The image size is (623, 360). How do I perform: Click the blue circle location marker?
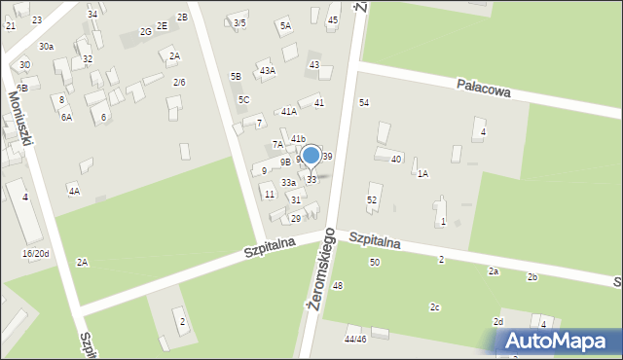pyautogui.click(x=311, y=155)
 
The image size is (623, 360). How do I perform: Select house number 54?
pyautogui.click(x=364, y=103)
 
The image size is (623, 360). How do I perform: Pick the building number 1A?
pyautogui.click(x=422, y=174)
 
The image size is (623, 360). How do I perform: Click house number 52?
pyautogui.click(x=372, y=199)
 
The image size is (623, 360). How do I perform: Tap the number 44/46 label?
pyautogui.click(x=355, y=340)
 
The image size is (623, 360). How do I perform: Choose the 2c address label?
pyautogui.click(x=435, y=308)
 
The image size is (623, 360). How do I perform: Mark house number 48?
pyautogui.click(x=338, y=286)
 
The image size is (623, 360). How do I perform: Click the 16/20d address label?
pyautogui.click(x=35, y=254)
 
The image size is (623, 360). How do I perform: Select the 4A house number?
pyautogui.click(x=73, y=192)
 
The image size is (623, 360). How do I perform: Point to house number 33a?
pyautogui.click(x=288, y=183)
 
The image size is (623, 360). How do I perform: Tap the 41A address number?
pyautogui.click(x=289, y=112)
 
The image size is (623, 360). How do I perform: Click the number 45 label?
pyautogui.click(x=333, y=20)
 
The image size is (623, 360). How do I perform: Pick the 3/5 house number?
pyautogui.click(x=239, y=22)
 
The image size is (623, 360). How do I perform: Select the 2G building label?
pyautogui.click(x=145, y=32)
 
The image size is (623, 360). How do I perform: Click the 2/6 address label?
pyautogui.click(x=179, y=83)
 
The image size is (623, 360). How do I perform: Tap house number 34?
pyautogui.click(x=92, y=15)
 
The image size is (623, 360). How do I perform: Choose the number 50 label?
pyautogui.click(x=374, y=263)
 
